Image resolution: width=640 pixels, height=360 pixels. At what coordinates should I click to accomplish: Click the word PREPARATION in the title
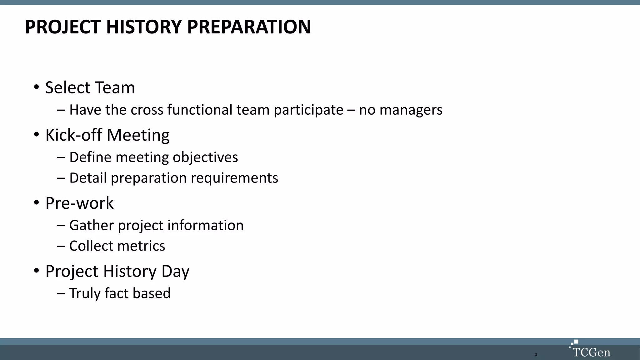249,27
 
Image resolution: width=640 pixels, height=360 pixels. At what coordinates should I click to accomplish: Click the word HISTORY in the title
144,27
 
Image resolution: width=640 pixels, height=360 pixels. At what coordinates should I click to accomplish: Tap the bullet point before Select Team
37,87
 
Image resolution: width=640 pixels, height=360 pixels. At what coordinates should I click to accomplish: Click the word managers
411,110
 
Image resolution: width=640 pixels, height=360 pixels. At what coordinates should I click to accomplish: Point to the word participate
308,110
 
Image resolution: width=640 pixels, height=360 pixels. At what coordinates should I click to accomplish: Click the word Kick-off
74,135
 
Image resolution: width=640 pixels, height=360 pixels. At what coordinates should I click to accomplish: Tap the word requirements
234,178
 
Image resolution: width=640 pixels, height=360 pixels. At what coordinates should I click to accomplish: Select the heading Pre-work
79,203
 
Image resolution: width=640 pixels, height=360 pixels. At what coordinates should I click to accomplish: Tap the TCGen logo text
591,352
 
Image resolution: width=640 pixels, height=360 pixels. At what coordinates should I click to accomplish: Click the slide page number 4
536,355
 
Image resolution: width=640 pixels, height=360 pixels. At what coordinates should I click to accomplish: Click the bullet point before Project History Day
37,271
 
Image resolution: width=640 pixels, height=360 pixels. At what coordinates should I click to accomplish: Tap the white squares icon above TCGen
574,343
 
